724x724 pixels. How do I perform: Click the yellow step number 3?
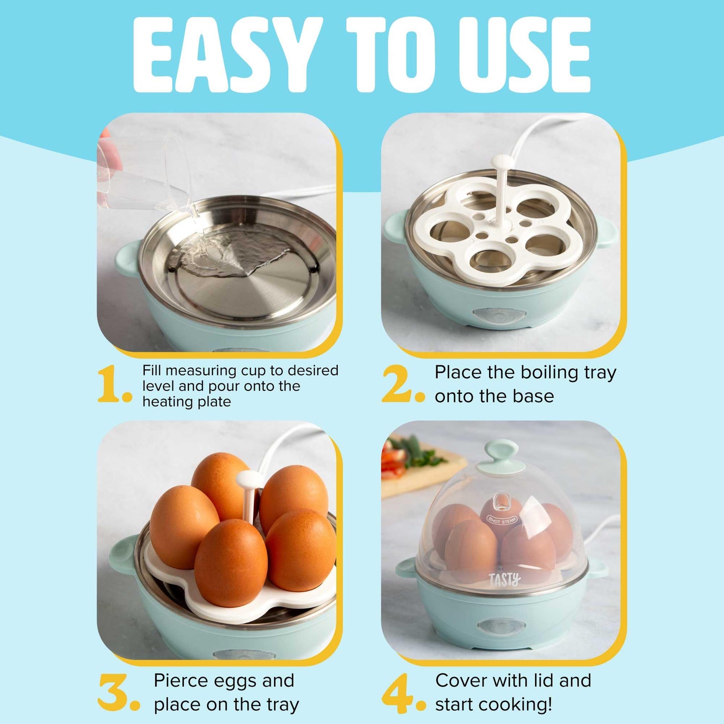(x=114, y=692)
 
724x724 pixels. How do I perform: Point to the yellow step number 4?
(x=398, y=693)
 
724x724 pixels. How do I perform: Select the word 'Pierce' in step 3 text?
(x=181, y=680)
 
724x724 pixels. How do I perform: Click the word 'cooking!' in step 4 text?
(x=522, y=704)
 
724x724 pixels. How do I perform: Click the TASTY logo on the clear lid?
(x=505, y=580)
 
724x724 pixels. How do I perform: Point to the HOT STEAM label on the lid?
(x=502, y=520)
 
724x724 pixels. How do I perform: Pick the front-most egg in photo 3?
(x=231, y=563)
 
